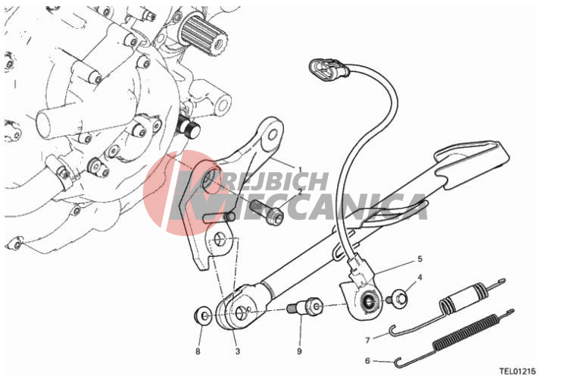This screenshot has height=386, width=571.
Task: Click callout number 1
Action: tap(300, 169)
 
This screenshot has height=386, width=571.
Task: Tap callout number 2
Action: tap(300, 191)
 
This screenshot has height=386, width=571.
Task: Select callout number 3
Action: tap(238, 351)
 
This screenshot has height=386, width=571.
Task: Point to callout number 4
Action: tap(420, 278)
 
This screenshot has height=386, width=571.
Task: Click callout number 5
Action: tap(420, 259)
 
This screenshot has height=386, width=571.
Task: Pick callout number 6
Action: tap(367, 361)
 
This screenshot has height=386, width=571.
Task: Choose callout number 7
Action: tap(367, 340)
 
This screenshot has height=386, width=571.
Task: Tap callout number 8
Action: tap(198, 351)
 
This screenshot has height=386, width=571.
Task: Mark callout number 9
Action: tap(299, 351)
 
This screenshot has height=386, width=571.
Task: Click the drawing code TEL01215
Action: tap(517, 372)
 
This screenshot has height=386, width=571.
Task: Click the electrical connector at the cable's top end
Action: tap(329, 69)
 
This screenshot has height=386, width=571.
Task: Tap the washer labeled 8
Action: tap(203, 315)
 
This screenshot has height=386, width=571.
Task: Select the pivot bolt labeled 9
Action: tap(304, 306)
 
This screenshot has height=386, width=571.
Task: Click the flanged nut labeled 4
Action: tap(399, 299)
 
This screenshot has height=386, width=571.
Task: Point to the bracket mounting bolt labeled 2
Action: tap(267, 212)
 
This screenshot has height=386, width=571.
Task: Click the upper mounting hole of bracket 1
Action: tap(273, 135)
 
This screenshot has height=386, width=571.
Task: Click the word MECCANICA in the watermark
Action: tap(329, 207)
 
